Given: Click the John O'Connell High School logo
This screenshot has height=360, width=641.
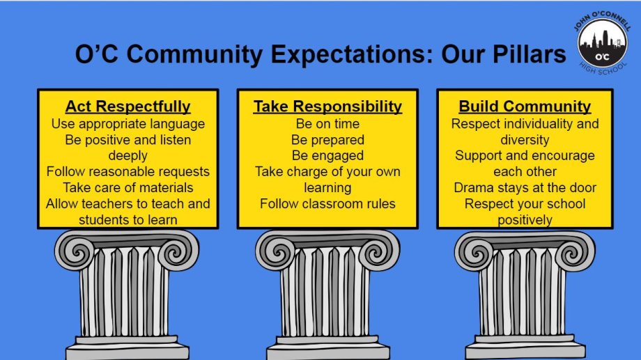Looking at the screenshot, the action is (x=603, y=42).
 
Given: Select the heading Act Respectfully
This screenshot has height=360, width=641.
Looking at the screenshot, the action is (x=128, y=107).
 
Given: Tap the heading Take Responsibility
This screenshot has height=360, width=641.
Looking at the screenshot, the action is (x=327, y=107).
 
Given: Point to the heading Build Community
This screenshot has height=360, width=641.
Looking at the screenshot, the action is (x=525, y=107).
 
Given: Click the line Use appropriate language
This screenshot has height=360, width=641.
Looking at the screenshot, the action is (x=128, y=124).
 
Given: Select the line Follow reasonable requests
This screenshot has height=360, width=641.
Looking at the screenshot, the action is (x=128, y=171).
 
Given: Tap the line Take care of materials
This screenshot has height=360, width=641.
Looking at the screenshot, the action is (x=128, y=187).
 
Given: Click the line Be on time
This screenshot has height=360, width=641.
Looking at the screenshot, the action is (x=327, y=124).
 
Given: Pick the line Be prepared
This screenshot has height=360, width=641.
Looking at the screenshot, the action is (x=327, y=140).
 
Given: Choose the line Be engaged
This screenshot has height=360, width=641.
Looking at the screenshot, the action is (x=327, y=156).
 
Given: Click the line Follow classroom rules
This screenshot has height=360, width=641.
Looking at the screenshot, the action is (x=327, y=203).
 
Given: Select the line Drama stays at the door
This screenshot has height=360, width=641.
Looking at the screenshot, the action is (x=525, y=187).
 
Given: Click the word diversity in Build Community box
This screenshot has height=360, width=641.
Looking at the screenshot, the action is (x=525, y=140).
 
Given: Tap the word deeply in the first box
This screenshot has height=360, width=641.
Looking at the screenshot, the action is (x=128, y=156).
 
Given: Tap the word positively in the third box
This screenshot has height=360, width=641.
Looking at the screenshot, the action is (x=525, y=220).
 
